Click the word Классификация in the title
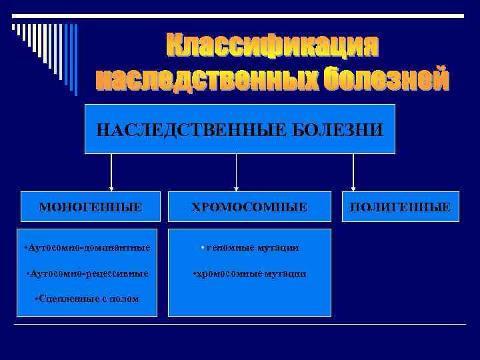(272, 46)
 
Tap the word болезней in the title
(387, 79)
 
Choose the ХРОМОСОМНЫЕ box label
(249, 207)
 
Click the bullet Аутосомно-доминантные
(87, 248)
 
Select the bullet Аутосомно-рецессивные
(87, 273)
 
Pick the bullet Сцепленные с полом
(87, 299)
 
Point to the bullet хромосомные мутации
(249, 273)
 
